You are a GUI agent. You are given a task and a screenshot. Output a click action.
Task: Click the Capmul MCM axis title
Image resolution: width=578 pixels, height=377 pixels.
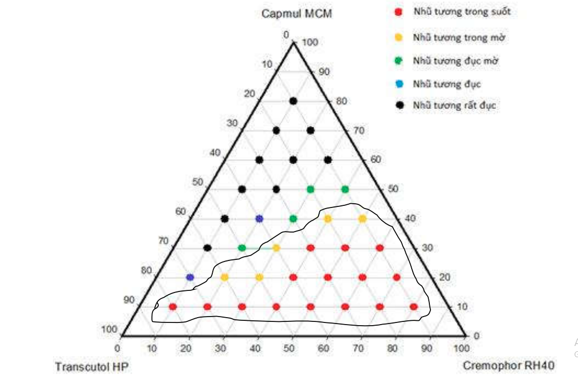click(x=296, y=13)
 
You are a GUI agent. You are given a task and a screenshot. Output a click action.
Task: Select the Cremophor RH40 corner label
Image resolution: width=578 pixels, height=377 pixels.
click(x=508, y=366)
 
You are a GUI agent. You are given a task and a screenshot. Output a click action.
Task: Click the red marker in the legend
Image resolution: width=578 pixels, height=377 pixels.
click(x=398, y=12)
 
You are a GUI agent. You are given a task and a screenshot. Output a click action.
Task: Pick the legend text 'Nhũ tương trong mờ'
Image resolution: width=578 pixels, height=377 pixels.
click(x=459, y=37)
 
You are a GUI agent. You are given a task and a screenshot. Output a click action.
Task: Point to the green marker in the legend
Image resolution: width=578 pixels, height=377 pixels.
click(x=398, y=61)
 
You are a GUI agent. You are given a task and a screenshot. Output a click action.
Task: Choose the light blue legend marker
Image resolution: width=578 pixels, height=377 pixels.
click(x=398, y=84)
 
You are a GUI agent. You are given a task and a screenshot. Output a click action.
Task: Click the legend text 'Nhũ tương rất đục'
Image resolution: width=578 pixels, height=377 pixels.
click(x=454, y=105)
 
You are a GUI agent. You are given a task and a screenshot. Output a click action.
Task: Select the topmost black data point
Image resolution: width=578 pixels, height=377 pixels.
click(x=293, y=101)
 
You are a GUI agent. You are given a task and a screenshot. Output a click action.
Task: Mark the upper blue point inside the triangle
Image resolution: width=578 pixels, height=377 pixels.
click(x=259, y=219)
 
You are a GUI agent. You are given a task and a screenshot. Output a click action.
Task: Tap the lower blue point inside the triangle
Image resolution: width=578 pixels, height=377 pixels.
click(x=190, y=278)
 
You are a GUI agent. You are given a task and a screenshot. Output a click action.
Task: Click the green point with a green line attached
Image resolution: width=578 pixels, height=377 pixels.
click(x=242, y=248)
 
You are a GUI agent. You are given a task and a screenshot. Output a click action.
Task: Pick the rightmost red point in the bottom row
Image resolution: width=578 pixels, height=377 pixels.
click(x=414, y=307)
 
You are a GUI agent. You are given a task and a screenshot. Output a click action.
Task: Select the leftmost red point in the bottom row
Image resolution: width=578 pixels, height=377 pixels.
click(x=173, y=307)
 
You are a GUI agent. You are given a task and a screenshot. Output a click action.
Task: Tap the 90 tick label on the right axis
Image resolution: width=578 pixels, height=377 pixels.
click(x=324, y=72)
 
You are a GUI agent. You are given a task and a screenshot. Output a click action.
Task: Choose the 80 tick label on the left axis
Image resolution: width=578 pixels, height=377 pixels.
click(x=146, y=271)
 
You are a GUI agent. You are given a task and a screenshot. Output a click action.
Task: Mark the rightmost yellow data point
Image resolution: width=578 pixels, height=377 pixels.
click(x=363, y=219)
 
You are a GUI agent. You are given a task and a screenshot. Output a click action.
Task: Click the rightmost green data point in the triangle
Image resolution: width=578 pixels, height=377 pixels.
click(x=345, y=189)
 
